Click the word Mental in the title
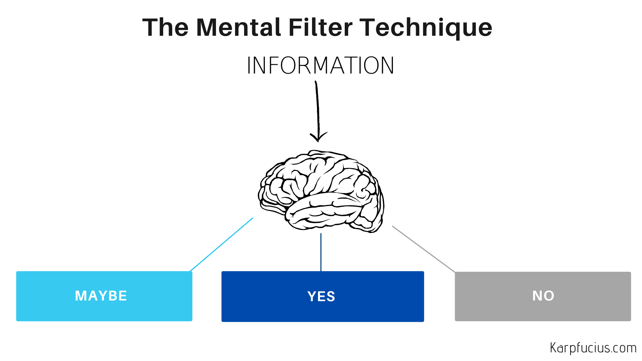238,27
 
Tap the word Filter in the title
320,27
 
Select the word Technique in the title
425,27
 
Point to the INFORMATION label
320,66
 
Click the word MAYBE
101,296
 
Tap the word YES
321,296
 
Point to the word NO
543,296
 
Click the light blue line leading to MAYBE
221,245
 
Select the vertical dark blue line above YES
321,252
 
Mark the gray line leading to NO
423,249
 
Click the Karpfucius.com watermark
593,348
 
